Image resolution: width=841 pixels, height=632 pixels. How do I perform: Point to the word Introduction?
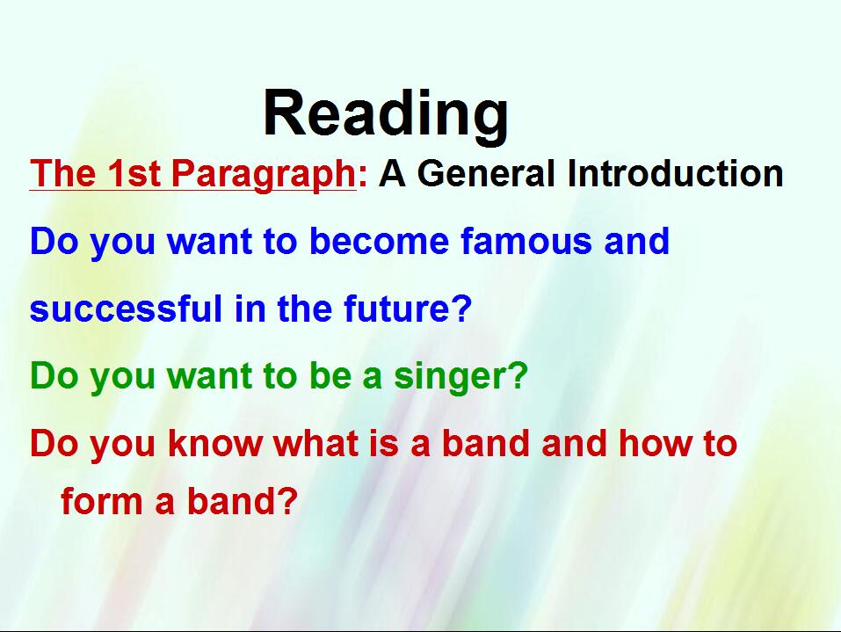pos(675,173)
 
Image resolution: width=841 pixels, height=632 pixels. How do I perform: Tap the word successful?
pos(126,309)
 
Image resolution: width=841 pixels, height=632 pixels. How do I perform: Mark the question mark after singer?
pos(516,375)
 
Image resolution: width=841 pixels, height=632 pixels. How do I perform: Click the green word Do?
pos(54,375)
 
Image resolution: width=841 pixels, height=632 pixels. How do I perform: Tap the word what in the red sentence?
pos(316,443)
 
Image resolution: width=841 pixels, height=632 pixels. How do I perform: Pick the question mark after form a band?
pos(286,500)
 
